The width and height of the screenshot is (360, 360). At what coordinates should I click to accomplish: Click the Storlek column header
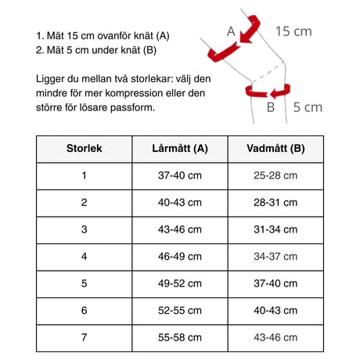tap(84, 148)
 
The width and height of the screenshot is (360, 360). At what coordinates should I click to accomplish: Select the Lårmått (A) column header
tap(180, 148)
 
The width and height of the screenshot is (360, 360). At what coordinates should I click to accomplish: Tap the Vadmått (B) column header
tap(275, 148)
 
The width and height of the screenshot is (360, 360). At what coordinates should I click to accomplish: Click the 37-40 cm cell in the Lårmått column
tap(180, 175)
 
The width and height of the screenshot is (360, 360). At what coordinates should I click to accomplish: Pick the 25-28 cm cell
tap(275, 175)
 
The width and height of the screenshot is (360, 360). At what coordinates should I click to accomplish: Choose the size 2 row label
tap(84, 202)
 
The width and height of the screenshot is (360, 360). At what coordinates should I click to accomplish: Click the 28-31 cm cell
tap(275, 202)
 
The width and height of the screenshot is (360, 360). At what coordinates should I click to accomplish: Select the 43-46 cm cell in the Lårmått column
tap(180, 229)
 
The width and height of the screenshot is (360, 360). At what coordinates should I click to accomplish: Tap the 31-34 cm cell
tap(275, 229)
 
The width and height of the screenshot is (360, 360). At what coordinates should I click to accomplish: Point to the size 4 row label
tap(84, 256)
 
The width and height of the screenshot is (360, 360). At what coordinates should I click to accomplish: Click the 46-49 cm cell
tap(180, 256)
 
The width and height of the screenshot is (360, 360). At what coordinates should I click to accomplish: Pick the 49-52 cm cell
tap(180, 283)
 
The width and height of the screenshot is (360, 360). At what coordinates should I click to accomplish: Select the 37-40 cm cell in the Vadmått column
tap(275, 283)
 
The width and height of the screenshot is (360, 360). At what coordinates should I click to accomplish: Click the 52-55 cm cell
tap(180, 310)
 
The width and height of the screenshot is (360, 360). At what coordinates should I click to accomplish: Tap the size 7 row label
tap(84, 337)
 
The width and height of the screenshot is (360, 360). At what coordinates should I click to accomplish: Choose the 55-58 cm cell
tap(180, 337)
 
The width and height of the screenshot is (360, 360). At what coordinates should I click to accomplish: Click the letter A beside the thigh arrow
tap(230, 31)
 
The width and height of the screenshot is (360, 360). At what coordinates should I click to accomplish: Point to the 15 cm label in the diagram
tap(293, 31)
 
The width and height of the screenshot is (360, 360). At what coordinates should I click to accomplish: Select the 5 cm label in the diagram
tap(307, 108)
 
